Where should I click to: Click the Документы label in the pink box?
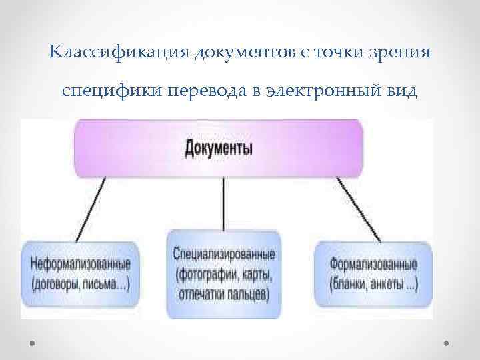click(219, 147)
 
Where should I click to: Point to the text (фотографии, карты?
click(223, 273)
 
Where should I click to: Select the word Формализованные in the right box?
click(373, 266)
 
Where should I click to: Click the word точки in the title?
click(345, 52)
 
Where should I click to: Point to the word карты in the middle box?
click(258, 273)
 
